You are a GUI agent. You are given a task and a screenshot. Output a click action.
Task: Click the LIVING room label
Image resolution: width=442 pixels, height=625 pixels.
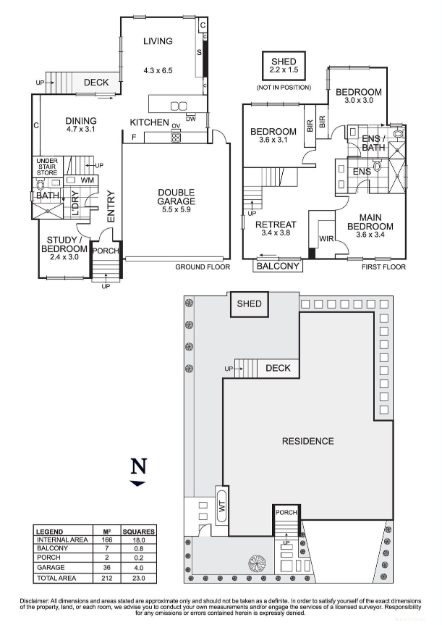[x=158, y=41]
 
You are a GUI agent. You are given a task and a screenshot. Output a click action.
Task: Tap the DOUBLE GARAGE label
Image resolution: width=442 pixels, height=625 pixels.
[x=177, y=197]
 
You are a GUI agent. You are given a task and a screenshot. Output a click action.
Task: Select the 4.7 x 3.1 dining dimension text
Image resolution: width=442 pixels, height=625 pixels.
[x=80, y=130]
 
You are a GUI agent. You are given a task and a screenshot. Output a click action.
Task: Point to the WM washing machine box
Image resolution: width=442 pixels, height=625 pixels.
[x=87, y=180]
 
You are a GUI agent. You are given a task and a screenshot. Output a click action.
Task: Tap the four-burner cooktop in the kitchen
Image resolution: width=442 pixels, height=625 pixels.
[x=175, y=135]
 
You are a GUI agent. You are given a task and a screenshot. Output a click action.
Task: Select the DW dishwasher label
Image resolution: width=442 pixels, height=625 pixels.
[x=191, y=118]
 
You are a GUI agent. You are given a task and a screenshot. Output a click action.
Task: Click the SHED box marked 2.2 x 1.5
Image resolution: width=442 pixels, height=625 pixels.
[x=284, y=67]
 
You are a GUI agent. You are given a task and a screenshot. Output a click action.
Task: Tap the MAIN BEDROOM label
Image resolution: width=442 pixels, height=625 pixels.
[x=369, y=222]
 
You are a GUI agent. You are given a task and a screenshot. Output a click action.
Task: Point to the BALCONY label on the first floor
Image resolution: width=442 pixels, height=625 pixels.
[x=279, y=266]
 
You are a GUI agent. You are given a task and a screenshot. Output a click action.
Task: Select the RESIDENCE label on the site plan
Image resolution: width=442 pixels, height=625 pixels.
[x=307, y=440]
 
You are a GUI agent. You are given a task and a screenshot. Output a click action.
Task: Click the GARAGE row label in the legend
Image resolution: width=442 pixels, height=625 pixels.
[x=48, y=569]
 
